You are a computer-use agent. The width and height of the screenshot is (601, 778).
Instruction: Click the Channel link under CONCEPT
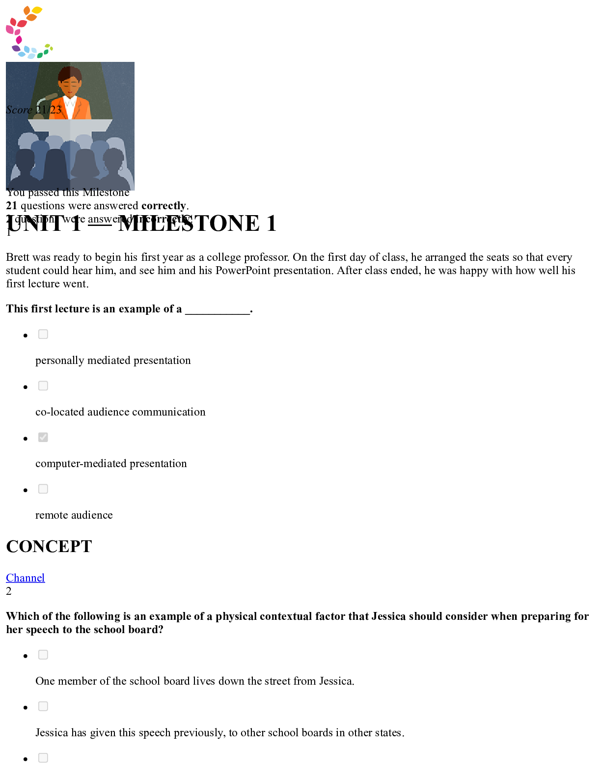pyautogui.click(x=25, y=578)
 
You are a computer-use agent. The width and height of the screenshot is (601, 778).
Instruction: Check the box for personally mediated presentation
pyautogui.click(x=43, y=334)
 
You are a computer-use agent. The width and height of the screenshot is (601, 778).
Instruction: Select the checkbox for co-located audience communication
pyautogui.click(x=43, y=386)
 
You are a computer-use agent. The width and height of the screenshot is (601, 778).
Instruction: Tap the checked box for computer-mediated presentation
pyautogui.click(x=43, y=438)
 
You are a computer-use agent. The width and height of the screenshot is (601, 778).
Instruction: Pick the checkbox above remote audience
pyautogui.click(x=43, y=489)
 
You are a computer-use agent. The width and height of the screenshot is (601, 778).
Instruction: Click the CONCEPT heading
pyautogui.click(x=49, y=547)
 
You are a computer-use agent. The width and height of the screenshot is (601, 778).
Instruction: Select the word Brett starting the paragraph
pyautogui.click(x=18, y=257)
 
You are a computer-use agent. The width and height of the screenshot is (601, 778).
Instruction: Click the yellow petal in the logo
pyautogui.click(x=37, y=10)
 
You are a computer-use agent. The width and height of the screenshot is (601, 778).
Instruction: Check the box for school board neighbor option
pyautogui.click(x=43, y=655)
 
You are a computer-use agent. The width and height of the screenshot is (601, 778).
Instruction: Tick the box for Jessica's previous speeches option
pyautogui.click(x=43, y=707)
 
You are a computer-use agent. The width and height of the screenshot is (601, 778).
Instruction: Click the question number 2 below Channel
pyautogui.click(x=9, y=591)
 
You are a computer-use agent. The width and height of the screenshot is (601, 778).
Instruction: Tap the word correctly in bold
pyautogui.click(x=164, y=206)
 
